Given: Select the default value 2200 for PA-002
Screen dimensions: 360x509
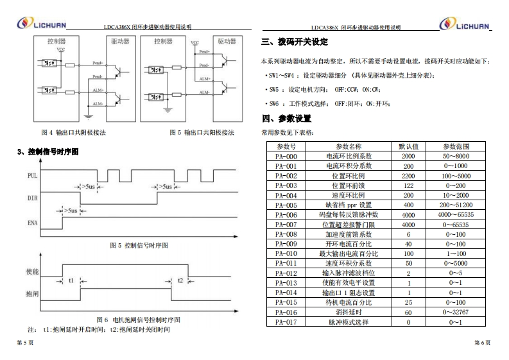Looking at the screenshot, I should (408, 176).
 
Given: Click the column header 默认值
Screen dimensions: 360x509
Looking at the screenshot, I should (408, 146).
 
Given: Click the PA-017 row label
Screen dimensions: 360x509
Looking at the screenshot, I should (286, 321).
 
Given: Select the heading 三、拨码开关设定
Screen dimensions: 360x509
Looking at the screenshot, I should (295, 42).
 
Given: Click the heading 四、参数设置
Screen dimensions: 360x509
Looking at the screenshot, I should (286, 119).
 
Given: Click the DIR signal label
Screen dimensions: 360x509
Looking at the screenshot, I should (32, 198).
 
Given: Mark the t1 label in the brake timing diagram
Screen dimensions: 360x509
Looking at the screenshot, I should (71, 280).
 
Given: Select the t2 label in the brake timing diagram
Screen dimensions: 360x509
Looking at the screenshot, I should (180, 280).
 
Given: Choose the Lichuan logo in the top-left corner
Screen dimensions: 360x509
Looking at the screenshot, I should (40, 24).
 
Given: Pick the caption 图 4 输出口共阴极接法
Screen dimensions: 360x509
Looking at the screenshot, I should (73, 133).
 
